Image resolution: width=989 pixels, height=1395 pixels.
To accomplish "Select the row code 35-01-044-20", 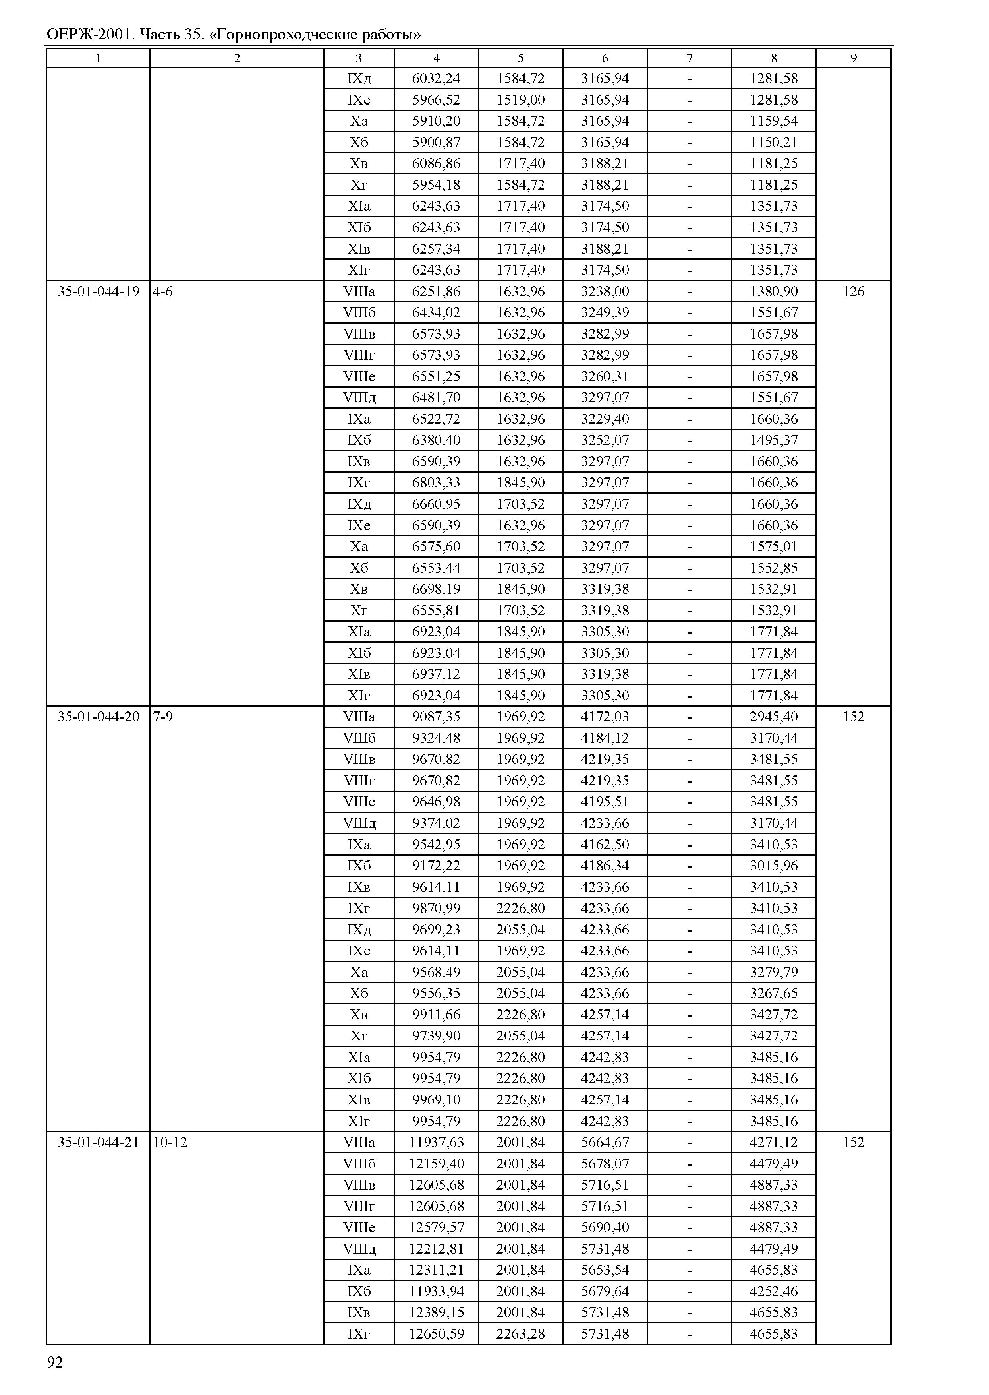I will click(98, 717).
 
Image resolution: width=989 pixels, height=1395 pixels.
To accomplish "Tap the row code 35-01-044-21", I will click(98, 1143).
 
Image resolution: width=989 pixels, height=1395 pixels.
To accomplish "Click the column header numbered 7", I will click(690, 58).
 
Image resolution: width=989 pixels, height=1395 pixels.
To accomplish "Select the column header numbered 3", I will click(359, 58).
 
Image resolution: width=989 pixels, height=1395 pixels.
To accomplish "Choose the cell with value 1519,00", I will click(521, 100).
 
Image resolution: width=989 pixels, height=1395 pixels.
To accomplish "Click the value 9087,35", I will click(436, 717).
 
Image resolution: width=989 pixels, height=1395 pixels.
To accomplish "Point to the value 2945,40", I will click(773, 717).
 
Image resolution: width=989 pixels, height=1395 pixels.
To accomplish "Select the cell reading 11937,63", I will click(436, 1143).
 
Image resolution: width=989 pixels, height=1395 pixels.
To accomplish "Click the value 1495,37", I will click(773, 440).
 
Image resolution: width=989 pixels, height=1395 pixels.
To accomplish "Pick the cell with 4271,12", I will click(773, 1143).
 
